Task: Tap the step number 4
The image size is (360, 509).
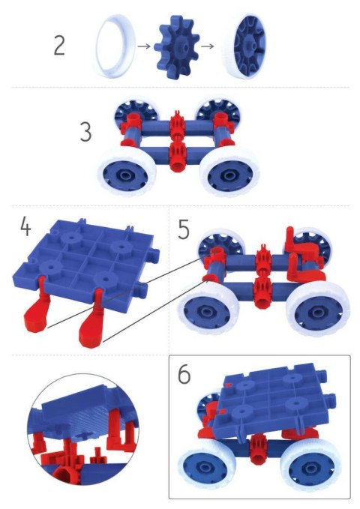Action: pos(25,226)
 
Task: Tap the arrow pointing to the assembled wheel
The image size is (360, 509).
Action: pos(211,45)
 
